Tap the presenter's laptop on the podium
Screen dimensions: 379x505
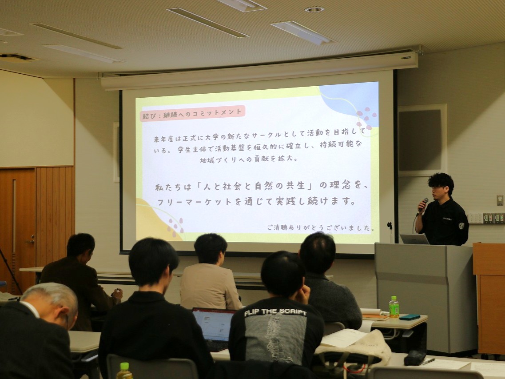coord(414,239)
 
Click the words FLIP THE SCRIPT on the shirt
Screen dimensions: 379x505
coord(275,312)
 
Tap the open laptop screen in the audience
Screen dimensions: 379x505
coord(213,325)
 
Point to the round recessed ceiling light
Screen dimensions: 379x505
coord(314,9)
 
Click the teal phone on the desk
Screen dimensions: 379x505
coord(410,317)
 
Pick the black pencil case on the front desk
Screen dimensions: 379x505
coord(415,358)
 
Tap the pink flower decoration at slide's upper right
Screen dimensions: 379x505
coord(366,117)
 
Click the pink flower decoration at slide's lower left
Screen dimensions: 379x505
coord(175,226)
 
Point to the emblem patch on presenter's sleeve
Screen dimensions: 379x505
coord(461,225)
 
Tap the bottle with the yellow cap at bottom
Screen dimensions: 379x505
coord(124,371)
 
